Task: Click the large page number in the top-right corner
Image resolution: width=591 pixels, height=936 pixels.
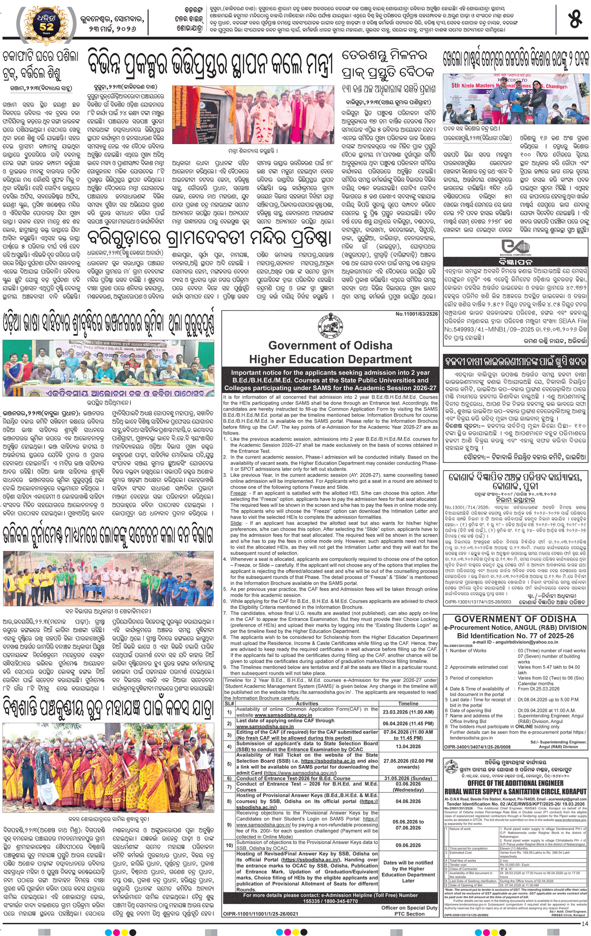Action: (575, 20)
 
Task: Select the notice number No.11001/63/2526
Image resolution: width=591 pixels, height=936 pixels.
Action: (417, 314)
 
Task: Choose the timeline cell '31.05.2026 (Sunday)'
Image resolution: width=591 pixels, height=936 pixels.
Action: (408, 778)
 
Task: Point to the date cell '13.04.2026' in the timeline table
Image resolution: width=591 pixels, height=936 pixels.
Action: (408, 746)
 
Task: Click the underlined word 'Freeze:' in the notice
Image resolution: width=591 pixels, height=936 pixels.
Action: (238, 493)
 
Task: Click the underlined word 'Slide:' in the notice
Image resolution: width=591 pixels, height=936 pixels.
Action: (236, 523)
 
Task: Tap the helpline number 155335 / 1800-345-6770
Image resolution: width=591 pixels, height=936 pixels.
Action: (330, 901)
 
